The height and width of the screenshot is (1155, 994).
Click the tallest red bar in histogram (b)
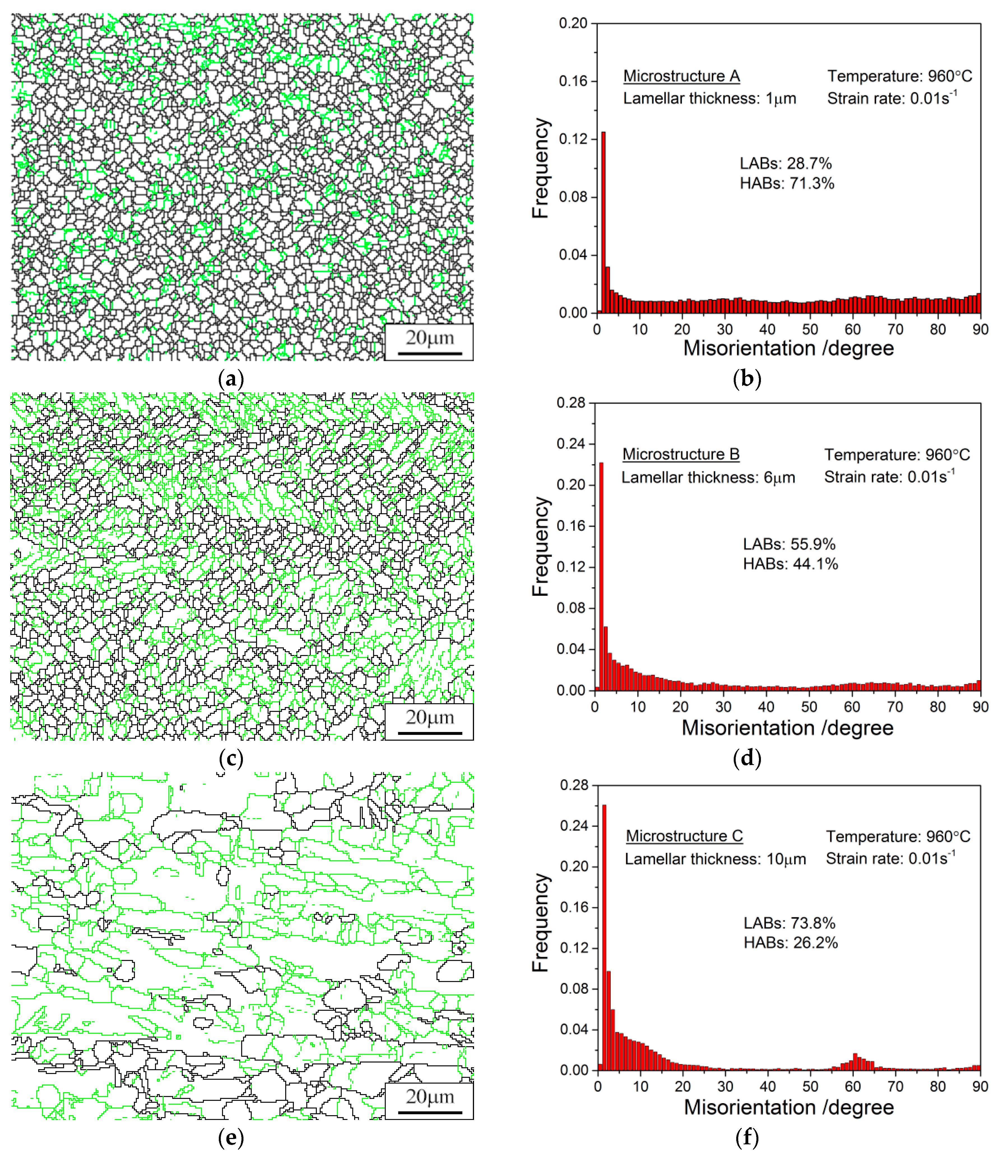(603, 223)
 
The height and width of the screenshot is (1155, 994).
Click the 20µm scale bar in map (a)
(429, 353)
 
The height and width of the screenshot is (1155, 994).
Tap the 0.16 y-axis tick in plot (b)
(573, 81)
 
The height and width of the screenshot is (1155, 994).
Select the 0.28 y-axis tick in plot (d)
(571, 403)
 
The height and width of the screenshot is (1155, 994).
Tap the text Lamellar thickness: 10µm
(715, 859)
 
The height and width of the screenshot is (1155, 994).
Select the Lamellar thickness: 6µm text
(708, 478)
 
